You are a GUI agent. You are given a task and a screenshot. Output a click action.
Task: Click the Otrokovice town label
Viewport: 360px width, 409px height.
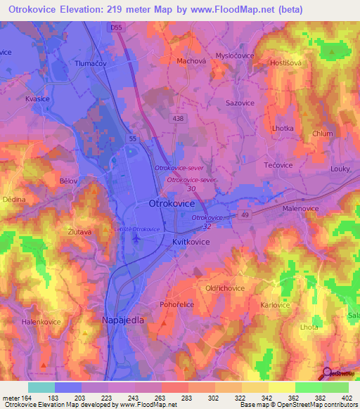click(x=172, y=202)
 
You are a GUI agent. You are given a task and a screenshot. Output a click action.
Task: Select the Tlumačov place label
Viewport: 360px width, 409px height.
click(x=89, y=63)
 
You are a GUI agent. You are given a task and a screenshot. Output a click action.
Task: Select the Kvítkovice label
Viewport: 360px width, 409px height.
click(x=191, y=240)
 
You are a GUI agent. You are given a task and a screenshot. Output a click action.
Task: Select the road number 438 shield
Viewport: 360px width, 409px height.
click(x=178, y=119)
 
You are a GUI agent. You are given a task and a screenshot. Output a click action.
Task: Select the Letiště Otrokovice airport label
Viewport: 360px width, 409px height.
click(x=138, y=229)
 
